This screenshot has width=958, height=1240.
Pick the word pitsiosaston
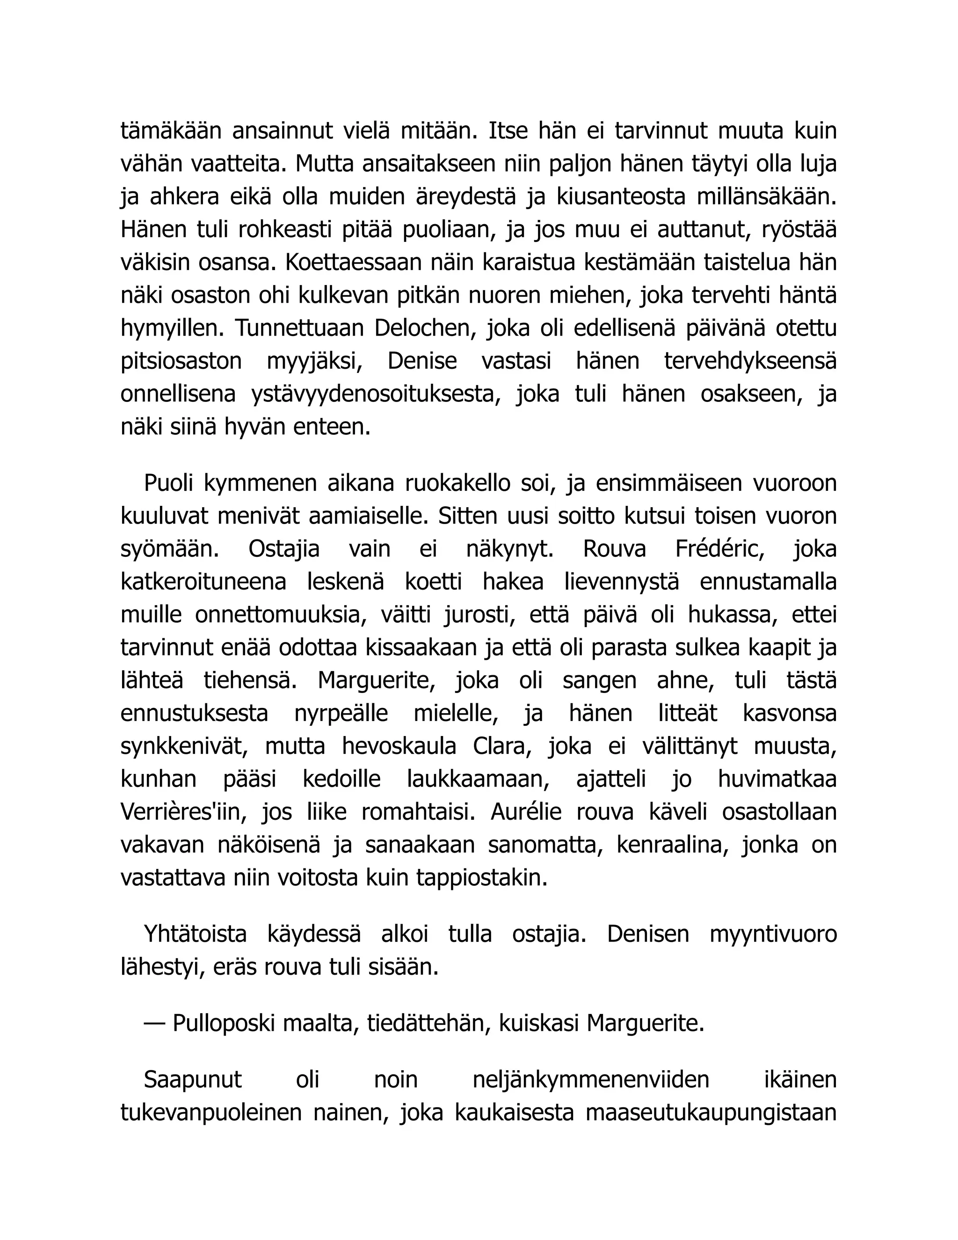181,362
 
